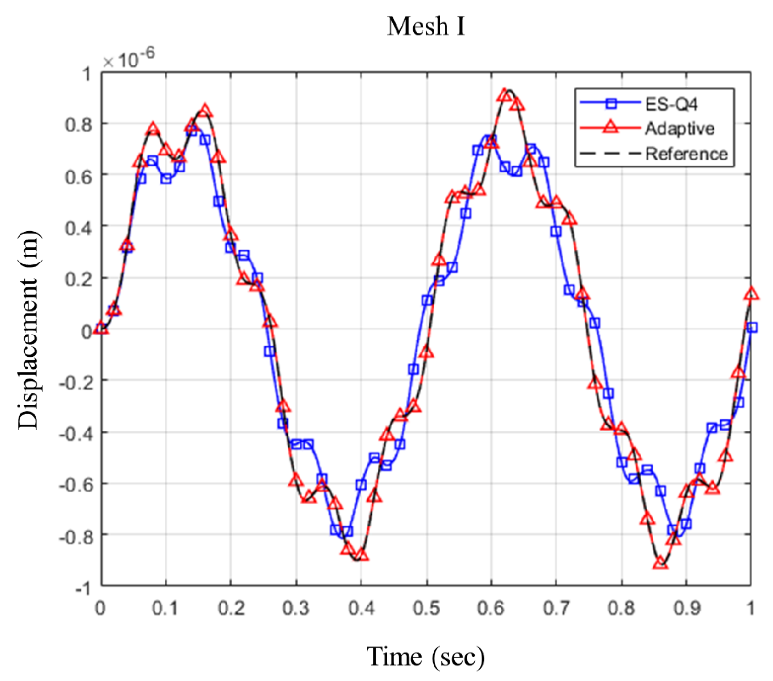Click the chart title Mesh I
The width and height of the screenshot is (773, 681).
pos(426,27)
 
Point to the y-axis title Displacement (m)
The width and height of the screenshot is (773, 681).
pos(28,329)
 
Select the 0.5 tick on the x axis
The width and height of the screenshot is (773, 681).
pos(426,608)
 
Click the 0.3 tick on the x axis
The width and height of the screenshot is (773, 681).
pos(296,608)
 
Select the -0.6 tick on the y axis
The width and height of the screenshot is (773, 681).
pos(75,484)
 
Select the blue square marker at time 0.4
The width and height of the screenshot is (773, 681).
pos(361,484)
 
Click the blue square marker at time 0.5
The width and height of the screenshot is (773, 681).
pos(427,301)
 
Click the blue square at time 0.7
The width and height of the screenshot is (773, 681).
pos(556,232)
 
